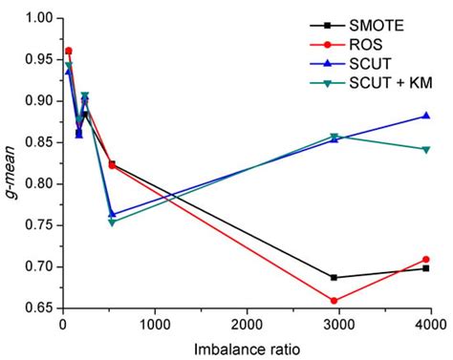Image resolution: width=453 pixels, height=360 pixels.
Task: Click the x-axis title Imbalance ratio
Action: (x=246, y=349)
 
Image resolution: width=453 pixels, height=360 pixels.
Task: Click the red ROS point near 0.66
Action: (x=334, y=301)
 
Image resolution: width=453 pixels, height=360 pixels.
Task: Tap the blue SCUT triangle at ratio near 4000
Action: (x=425, y=116)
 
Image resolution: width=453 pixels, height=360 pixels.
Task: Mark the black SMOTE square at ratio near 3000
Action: (x=334, y=277)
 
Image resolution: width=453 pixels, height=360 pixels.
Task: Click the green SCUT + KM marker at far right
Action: (x=425, y=149)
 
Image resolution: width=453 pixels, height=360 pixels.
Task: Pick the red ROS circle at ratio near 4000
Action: (x=425, y=259)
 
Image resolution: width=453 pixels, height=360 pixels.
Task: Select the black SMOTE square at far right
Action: (x=425, y=268)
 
